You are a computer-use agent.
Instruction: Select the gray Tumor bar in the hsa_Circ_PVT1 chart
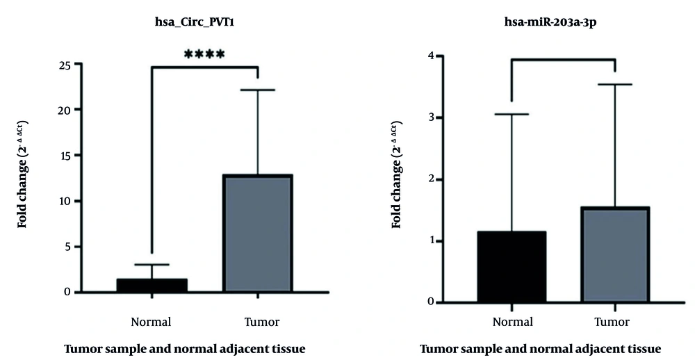tap(257, 233)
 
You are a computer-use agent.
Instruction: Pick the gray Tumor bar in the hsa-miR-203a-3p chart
tap(614, 254)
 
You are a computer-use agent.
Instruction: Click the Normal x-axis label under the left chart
tap(151, 322)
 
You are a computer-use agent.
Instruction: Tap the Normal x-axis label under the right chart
tap(513, 322)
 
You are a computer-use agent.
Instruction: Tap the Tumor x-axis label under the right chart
tap(612, 322)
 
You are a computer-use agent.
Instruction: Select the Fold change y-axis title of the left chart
tap(24, 175)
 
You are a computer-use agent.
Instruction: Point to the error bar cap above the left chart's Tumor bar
tap(257, 90)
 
